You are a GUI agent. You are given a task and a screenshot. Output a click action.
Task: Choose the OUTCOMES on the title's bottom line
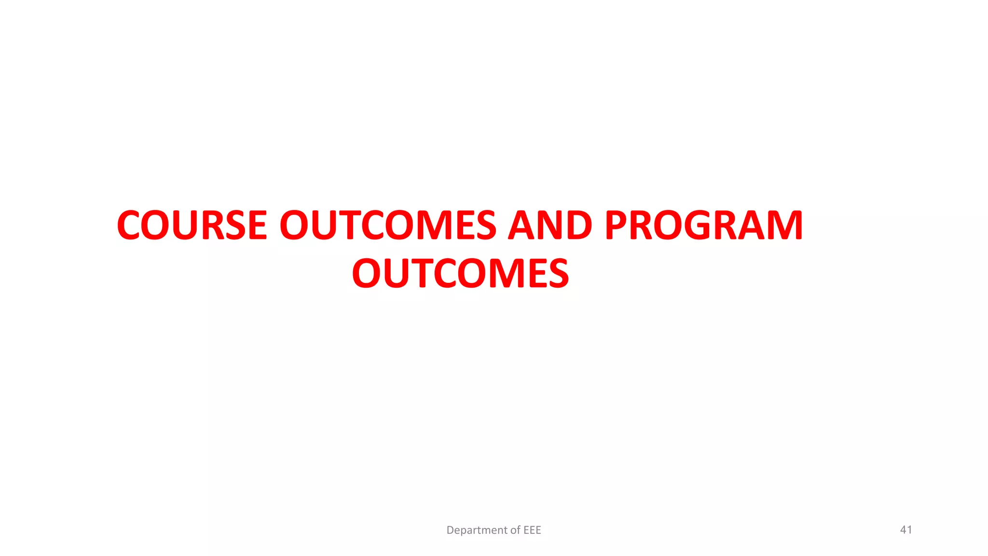coord(460,273)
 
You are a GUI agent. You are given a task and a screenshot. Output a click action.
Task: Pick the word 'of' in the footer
coord(515,530)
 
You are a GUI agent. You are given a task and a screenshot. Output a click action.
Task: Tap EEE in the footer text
coord(532,530)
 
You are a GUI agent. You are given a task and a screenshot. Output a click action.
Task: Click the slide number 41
coord(906,529)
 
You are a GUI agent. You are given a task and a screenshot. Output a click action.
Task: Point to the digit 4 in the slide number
coord(903,529)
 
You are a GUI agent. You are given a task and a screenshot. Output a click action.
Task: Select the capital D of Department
coord(450,530)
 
